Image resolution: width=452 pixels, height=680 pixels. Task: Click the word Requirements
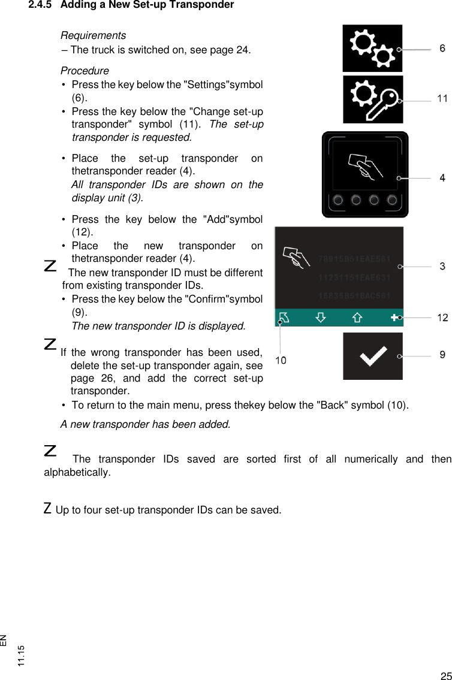(93, 36)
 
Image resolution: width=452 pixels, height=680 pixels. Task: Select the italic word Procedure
(85, 71)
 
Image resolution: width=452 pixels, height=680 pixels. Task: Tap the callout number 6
(442, 49)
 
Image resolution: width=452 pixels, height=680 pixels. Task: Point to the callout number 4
(442, 178)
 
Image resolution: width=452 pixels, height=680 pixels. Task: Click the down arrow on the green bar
(321, 318)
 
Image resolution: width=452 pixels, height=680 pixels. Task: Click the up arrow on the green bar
(357, 318)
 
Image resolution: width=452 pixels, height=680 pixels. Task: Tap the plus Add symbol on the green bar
(394, 318)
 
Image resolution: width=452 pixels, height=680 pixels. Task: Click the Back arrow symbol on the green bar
(284, 318)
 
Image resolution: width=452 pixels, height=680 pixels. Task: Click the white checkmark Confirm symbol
(372, 358)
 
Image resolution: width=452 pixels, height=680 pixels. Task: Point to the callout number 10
(281, 360)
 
